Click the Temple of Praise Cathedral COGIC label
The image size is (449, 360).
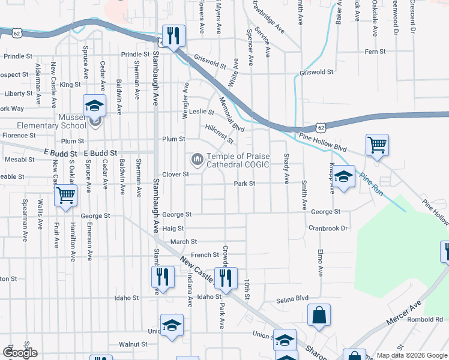(238, 160)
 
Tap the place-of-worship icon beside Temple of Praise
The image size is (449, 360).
(196, 160)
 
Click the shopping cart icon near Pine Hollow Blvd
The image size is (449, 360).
(377, 145)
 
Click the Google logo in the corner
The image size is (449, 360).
(20, 353)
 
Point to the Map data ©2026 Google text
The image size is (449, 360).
(411, 355)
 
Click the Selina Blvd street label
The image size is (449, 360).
(292, 299)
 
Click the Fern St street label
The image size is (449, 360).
(375, 52)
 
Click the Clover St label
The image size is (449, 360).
(177, 175)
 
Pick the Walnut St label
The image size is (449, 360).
(133, 344)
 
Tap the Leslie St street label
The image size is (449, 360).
(202, 112)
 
